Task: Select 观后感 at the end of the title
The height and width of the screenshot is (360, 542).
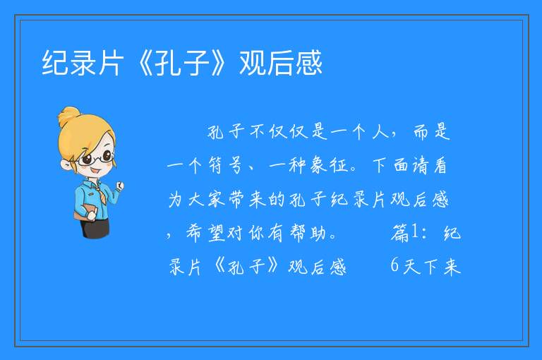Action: click(x=281, y=63)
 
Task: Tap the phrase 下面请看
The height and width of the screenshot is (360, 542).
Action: click(x=410, y=165)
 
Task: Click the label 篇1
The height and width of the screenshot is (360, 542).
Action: click(x=404, y=233)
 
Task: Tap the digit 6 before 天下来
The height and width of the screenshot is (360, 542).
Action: click(x=395, y=265)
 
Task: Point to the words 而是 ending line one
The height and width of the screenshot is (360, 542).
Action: click(x=432, y=132)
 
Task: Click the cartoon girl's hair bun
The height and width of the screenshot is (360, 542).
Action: click(x=68, y=116)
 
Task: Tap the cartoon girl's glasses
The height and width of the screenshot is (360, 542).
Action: click(x=95, y=157)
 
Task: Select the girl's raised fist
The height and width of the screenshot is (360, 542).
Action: click(x=120, y=186)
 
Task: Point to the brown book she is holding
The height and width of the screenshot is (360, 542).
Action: click(x=84, y=212)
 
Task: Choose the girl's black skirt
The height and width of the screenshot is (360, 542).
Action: click(x=95, y=227)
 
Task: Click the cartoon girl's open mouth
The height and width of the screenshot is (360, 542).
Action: click(x=95, y=172)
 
